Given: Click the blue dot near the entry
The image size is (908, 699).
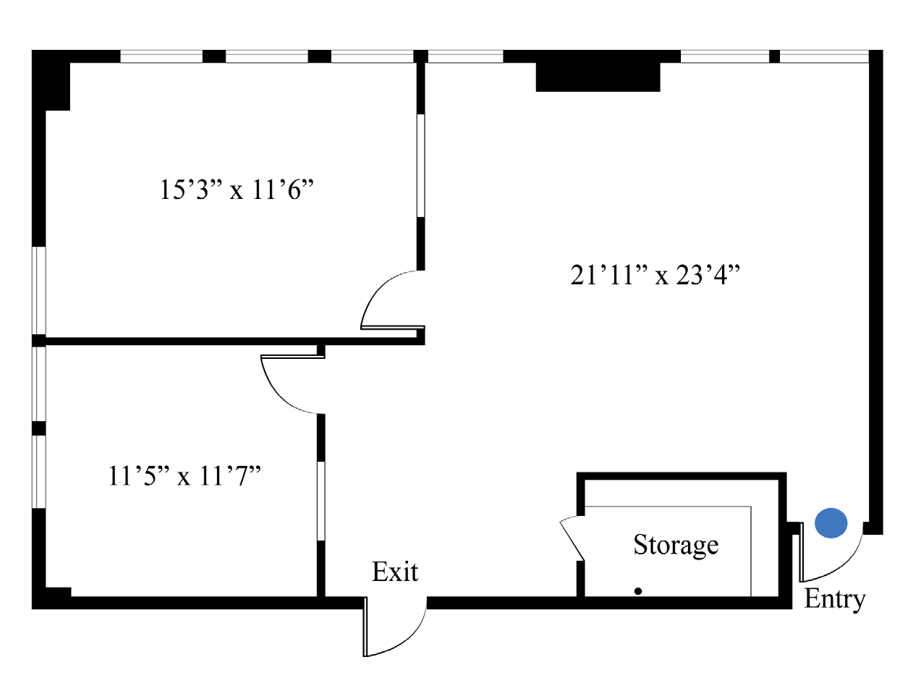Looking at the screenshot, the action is [831, 522].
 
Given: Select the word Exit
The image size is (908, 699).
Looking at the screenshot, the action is [395, 572].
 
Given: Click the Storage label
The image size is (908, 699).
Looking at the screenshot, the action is [676, 545].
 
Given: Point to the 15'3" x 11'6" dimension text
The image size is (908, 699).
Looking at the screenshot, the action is [237, 190].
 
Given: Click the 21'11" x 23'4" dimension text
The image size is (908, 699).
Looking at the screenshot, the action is [655, 275].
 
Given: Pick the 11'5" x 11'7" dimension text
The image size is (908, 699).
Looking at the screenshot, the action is [184, 475].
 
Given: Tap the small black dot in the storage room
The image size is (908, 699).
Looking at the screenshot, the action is [637, 591].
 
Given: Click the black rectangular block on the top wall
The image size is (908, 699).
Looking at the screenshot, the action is [598, 77].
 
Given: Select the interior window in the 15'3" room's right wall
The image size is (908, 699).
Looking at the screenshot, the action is [421, 166].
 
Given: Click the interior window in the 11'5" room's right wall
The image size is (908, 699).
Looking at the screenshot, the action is [321, 501].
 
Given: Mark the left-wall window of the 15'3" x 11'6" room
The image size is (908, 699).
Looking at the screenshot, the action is [39, 290].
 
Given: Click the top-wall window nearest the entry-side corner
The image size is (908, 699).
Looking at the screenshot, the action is [824, 56].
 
